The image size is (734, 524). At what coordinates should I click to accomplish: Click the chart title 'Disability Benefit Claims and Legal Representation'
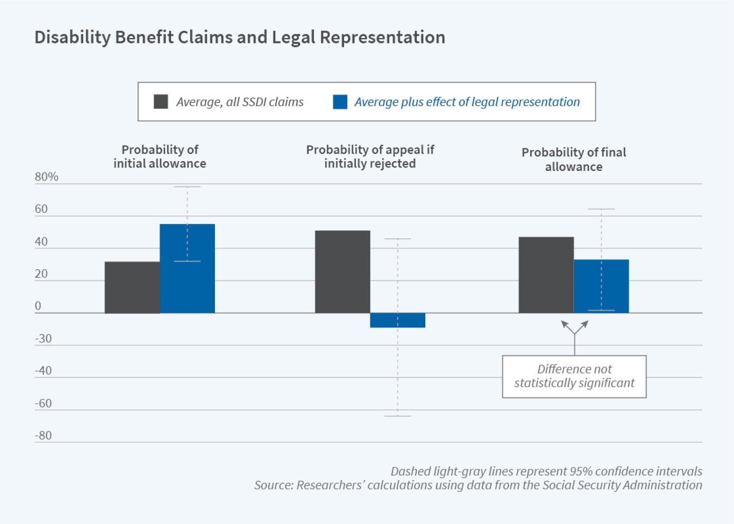coord(239,37)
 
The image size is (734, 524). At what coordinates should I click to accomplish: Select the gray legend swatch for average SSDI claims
coord(161,102)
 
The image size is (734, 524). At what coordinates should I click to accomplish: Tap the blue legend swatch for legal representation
coord(340,102)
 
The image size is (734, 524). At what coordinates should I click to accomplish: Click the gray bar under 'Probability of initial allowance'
coord(132,287)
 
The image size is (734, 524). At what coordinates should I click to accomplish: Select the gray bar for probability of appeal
coord(343,272)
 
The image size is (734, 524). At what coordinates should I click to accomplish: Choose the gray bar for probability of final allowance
coord(546,275)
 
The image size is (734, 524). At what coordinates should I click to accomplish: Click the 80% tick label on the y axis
coord(46,177)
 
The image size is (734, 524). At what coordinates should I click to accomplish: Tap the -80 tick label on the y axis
coord(43,435)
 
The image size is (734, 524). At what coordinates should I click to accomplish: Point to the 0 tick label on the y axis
coord(38,306)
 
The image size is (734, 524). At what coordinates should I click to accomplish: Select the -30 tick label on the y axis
coord(43,339)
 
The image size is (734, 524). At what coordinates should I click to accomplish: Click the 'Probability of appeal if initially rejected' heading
coord(370,157)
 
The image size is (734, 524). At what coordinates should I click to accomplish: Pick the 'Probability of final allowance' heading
coord(573,160)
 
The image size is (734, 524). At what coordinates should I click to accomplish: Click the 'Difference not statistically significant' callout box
coord(574,376)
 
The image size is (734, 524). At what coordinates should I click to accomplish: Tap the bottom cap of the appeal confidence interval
coord(397,416)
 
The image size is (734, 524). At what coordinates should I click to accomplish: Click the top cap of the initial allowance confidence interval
coord(187,186)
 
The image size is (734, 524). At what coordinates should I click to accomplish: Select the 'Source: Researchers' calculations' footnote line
coord(478,485)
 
